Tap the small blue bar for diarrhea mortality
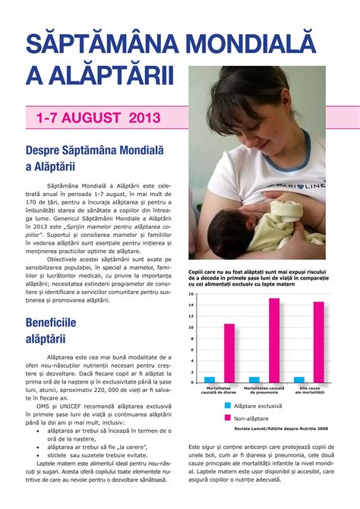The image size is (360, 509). pos(210,379)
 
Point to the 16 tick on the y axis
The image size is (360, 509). pos(192,294)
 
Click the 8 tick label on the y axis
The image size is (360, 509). pos(193,338)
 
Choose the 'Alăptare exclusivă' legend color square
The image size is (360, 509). pos(227,406)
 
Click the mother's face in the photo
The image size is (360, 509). pos(251,114)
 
